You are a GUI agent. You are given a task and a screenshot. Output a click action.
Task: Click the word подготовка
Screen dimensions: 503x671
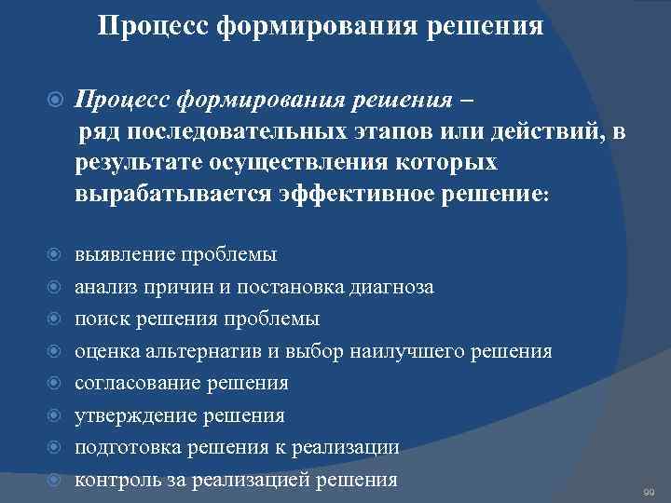[125, 448]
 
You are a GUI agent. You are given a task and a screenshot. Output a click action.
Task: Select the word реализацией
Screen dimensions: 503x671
[258, 481]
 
